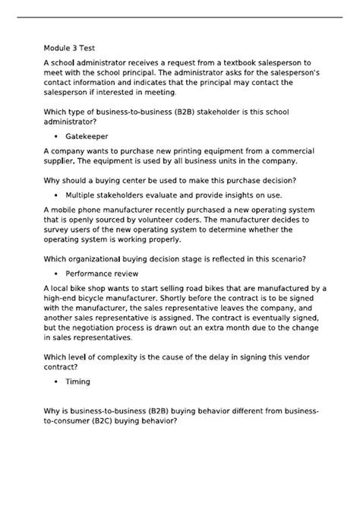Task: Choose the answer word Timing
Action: pyautogui.click(x=78, y=382)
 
